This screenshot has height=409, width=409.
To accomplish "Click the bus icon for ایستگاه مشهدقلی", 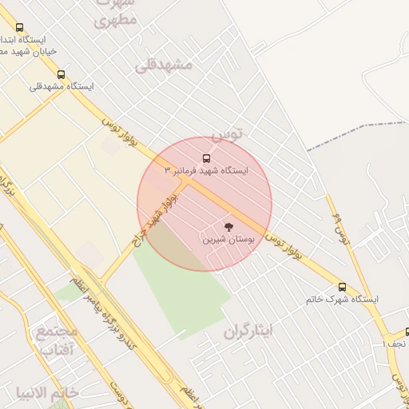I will pyautogui.click(x=62, y=74).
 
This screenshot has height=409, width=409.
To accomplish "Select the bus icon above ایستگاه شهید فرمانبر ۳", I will pyautogui.click(x=206, y=158).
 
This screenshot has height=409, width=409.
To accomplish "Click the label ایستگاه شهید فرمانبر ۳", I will pyautogui.click(x=206, y=171).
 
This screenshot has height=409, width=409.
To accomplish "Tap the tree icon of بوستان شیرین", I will pyautogui.click(x=230, y=227).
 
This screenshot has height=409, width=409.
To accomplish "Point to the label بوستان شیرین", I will pyautogui.click(x=227, y=239).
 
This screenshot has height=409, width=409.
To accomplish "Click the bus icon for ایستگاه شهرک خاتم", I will pyautogui.click(x=343, y=287).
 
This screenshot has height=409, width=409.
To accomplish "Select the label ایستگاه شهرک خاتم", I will pyautogui.click(x=342, y=299).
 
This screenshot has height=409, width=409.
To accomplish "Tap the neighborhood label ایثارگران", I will pyautogui.click(x=248, y=330).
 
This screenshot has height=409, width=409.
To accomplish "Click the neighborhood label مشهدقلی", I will pyautogui.click(x=165, y=64).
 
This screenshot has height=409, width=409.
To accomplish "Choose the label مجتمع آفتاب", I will pyautogui.click(x=57, y=340).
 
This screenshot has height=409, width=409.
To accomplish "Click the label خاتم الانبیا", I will pyautogui.click(x=47, y=392).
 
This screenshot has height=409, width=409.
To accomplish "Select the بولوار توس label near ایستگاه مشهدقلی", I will pyautogui.click(x=120, y=133).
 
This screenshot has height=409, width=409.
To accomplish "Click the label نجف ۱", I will pyautogui.click(x=395, y=343).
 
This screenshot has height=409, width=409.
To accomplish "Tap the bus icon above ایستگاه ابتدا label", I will pyautogui.click(x=19, y=27).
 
